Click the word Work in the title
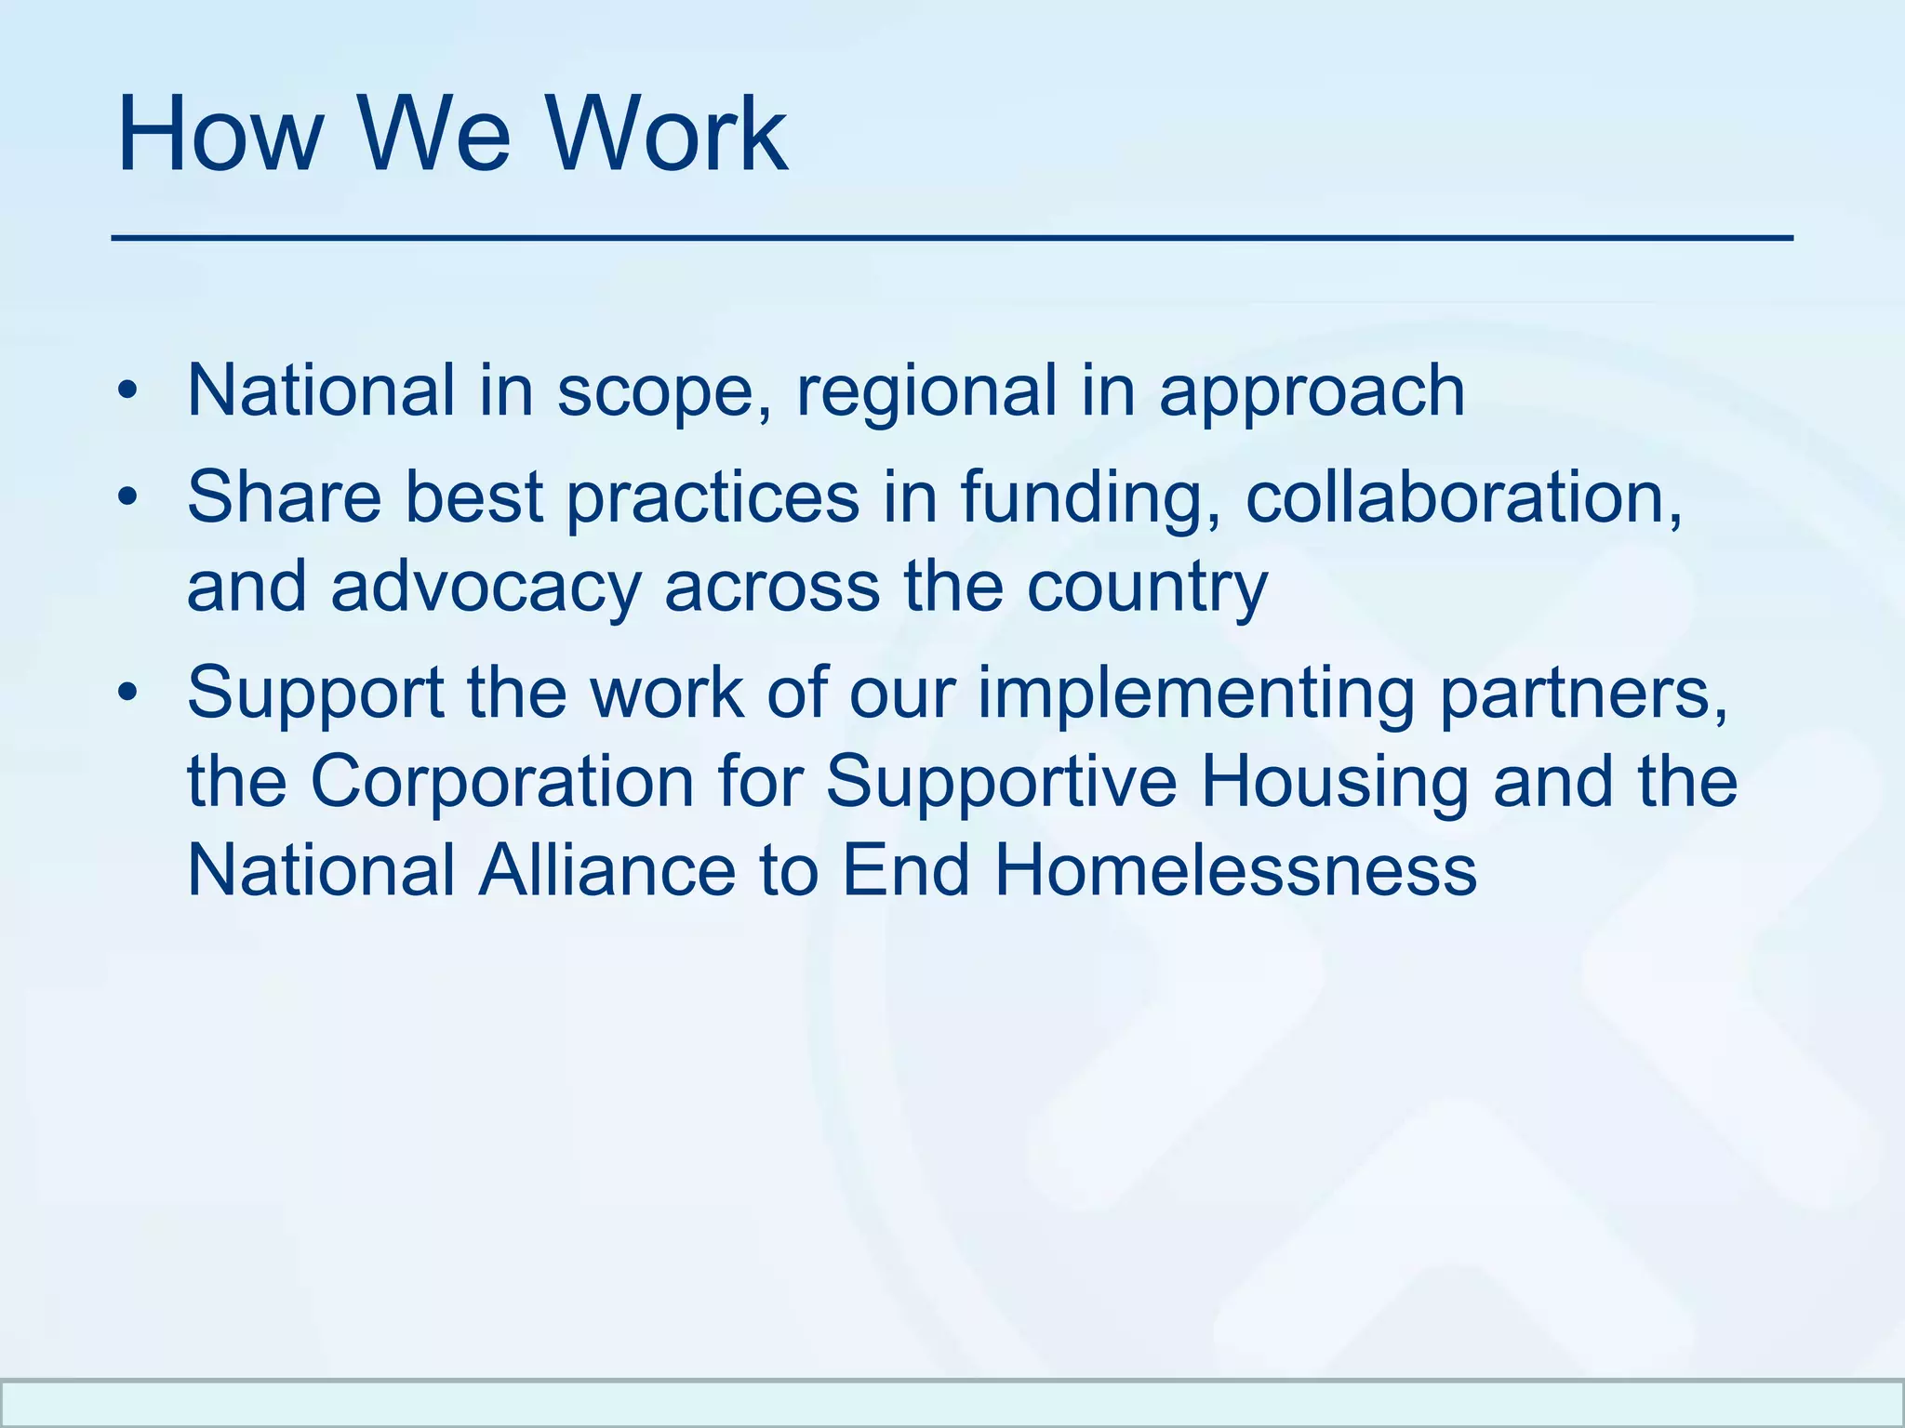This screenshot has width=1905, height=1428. coord(666,135)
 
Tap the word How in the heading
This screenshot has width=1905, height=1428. coord(218,135)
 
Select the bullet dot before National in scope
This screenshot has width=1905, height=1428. coord(127,392)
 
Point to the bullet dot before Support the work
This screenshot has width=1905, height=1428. coord(127,694)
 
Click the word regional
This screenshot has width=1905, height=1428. coord(926,392)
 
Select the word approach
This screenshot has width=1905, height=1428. coord(1312,392)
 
